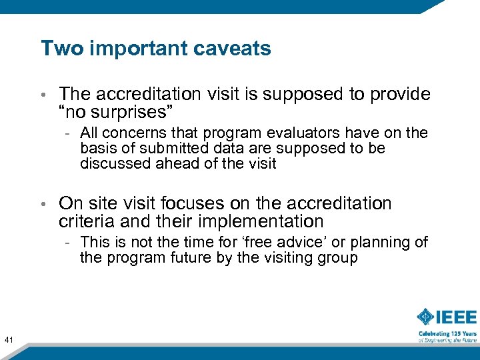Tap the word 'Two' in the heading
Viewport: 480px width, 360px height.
tap(57, 49)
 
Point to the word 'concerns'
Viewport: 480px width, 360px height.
tap(131, 133)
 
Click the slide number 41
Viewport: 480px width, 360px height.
tap(9, 341)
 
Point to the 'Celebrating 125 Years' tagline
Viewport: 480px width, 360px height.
tap(447, 333)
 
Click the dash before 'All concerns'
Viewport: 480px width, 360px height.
tap(69, 134)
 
